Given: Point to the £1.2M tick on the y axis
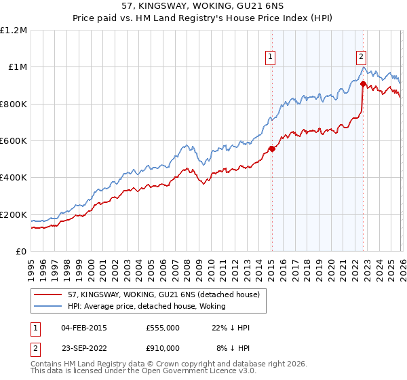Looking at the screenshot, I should (14, 31).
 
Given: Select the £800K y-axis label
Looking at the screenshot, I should (14, 104).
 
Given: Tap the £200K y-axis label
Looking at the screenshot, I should (14, 214).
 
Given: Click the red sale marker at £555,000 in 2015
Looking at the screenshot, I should (272, 149).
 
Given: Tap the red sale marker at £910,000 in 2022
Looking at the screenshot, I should (363, 84).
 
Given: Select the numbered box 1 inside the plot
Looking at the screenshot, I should (271, 57).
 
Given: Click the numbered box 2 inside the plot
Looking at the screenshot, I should (362, 57).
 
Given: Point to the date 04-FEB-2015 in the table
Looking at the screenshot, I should (84, 328).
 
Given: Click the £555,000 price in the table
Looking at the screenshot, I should (163, 328).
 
